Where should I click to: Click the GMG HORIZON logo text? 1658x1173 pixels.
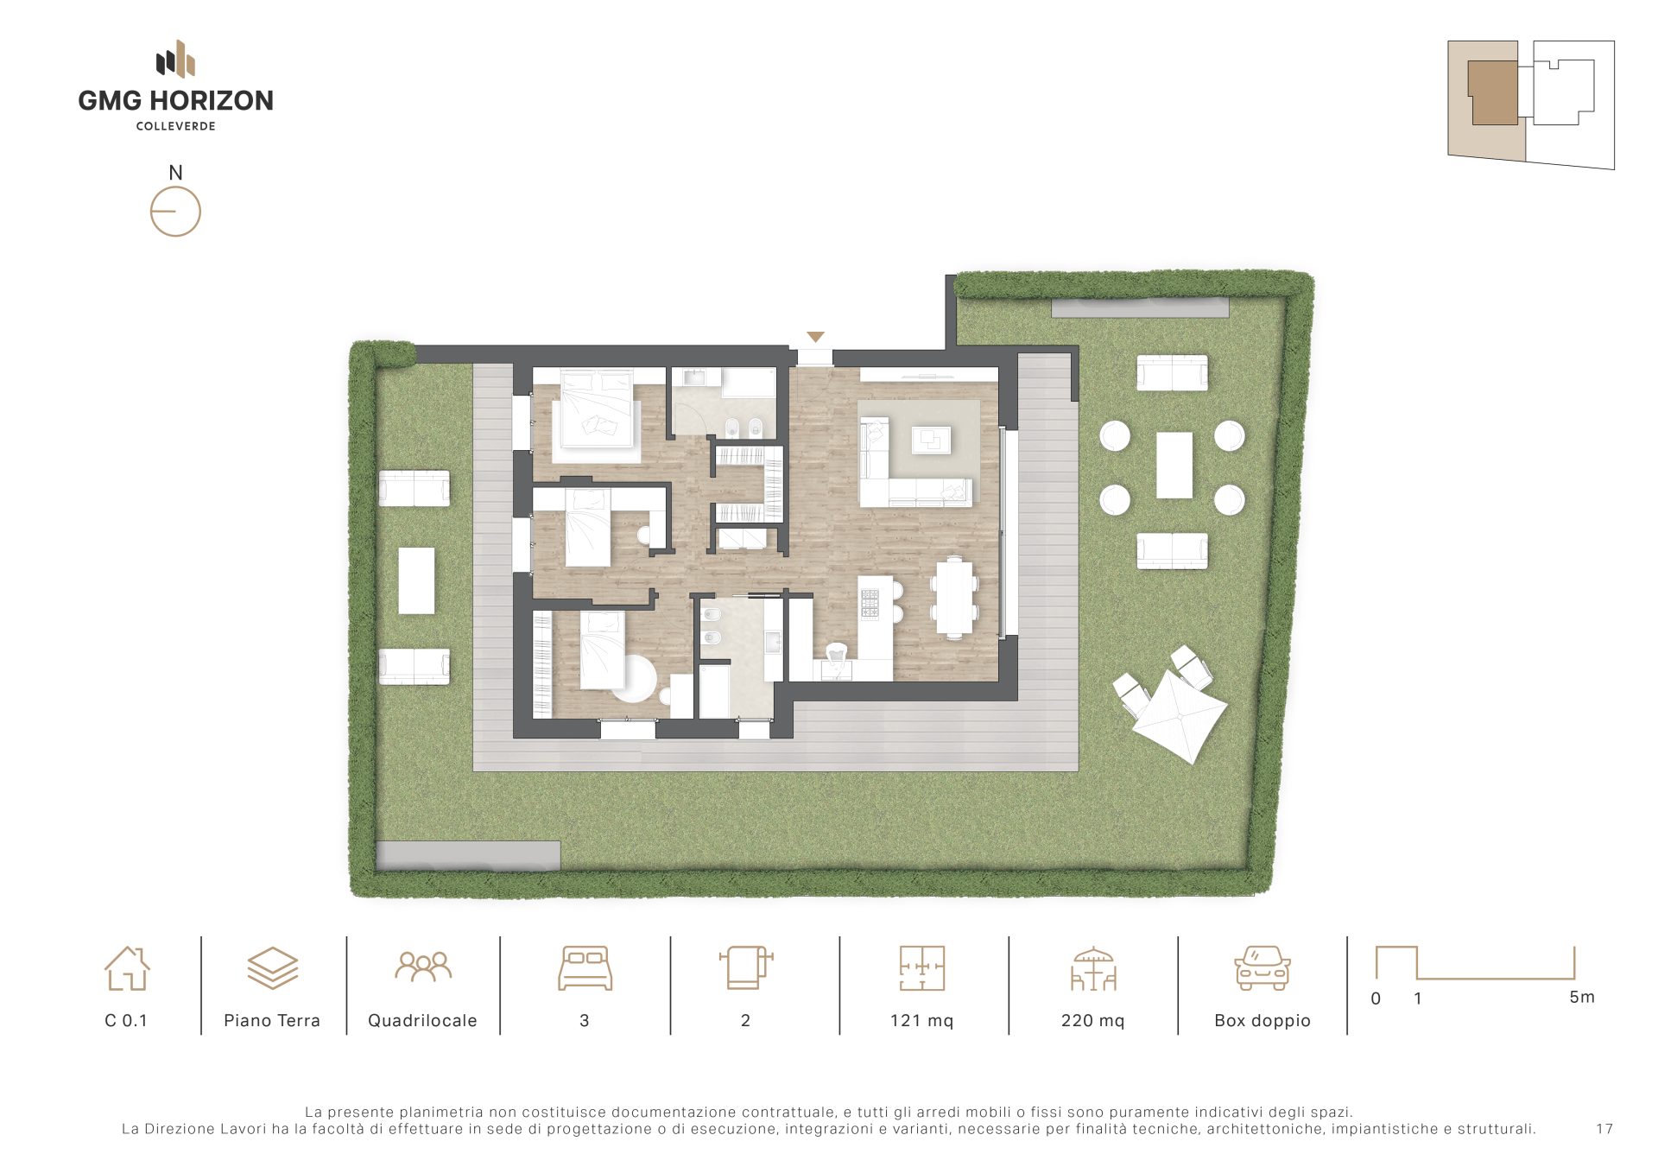coord(175,100)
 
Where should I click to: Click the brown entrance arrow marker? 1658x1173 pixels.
coord(815,337)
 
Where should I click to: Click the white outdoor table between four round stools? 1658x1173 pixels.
coord(1174,466)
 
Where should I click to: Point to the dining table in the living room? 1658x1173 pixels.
coord(954,597)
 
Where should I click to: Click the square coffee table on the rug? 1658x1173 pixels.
coord(931,440)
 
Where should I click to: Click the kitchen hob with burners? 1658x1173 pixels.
coord(869,604)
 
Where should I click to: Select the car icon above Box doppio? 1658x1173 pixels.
coord(1262,967)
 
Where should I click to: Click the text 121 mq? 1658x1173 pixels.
coord(921,1020)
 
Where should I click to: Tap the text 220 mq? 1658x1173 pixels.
coord(1092,1020)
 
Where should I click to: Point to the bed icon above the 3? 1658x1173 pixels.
coord(585,968)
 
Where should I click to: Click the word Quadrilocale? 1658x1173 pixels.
coord(422,1020)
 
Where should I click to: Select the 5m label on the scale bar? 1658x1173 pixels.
coord(1582,997)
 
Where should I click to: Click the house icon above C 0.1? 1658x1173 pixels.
coord(127,967)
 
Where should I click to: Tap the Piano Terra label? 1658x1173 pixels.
coord(272,1020)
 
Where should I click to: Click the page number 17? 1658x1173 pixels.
coord(1604,1129)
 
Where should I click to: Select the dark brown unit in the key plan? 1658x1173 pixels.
coord(1493,93)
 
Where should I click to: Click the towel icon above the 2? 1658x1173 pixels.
coord(745,967)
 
